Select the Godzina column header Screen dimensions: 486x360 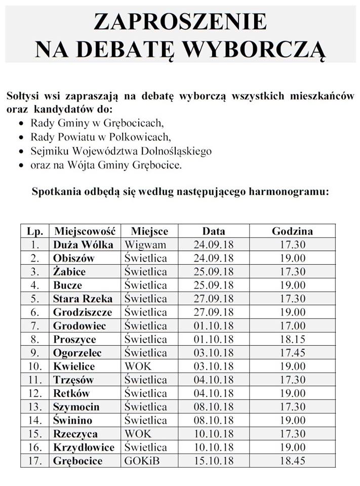click(x=292, y=231)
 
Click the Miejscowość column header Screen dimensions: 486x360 click(x=85, y=231)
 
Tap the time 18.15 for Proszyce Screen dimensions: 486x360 click(x=292, y=339)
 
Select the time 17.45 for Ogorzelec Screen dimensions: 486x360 click(x=292, y=353)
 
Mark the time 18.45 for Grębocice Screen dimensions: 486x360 click(x=292, y=461)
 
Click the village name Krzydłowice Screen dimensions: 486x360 click(x=84, y=447)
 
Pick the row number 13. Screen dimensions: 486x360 click(x=34, y=407)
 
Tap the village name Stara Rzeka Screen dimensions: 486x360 click(x=83, y=299)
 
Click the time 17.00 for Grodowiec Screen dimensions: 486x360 click(x=292, y=326)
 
